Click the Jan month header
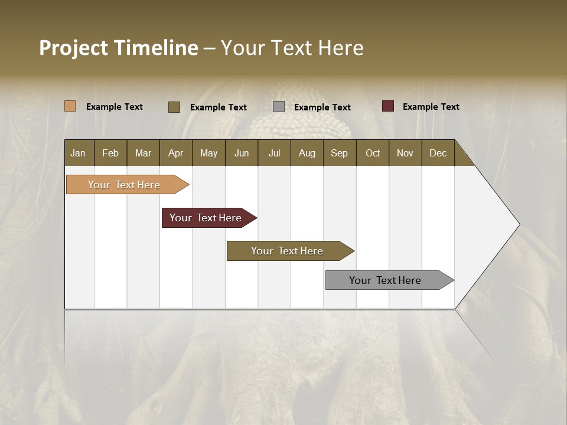point(78,153)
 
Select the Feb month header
point(110,153)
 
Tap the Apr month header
point(175,153)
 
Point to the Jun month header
point(242,153)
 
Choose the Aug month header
point(307,153)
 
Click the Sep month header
point(339,153)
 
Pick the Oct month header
point(373,153)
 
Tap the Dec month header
point(438,153)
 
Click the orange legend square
point(70,106)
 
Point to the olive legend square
point(174,107)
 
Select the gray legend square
point(279,107)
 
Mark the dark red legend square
point(388,106)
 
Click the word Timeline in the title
point(156,48)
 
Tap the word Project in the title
point(74,48)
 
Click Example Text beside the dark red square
point(431,107)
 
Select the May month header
point(208,153)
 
